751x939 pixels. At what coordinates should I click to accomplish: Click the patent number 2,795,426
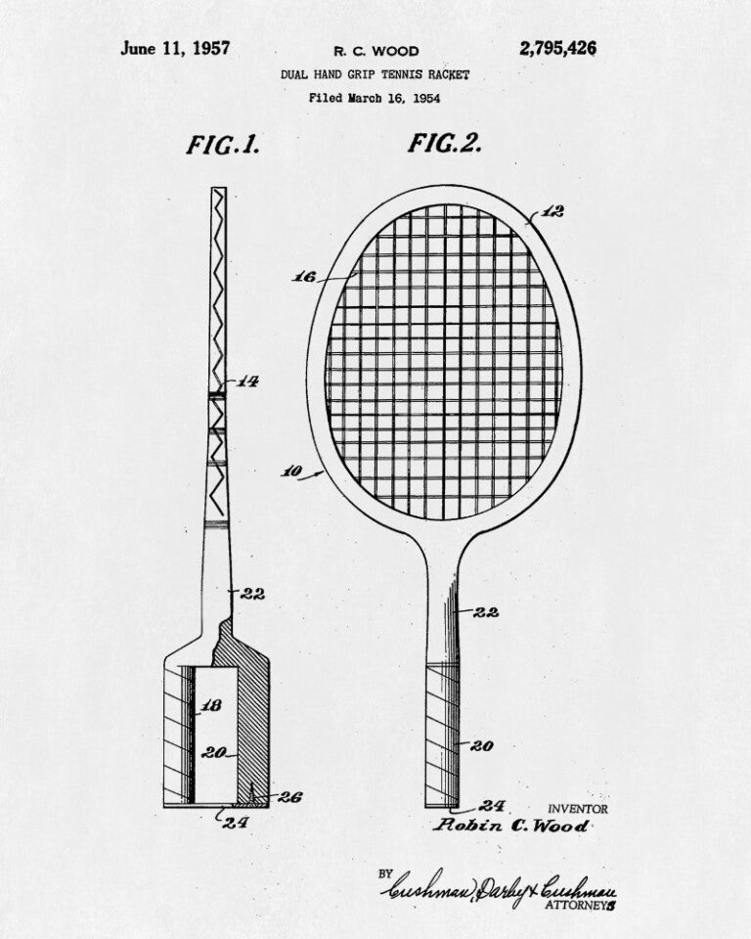557,49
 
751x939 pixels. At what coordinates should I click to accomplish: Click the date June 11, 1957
175,49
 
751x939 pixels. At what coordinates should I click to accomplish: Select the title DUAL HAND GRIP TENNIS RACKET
375,75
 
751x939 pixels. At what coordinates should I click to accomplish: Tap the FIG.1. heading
223,145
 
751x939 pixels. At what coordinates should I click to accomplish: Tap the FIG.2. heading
445,143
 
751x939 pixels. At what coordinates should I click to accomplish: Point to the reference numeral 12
552,211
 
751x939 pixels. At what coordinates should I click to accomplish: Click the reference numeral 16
304,277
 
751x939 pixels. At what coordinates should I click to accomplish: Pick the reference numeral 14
246,380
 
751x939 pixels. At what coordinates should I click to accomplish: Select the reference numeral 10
291,471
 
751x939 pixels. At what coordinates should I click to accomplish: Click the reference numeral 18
211,705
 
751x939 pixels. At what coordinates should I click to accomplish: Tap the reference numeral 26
289,797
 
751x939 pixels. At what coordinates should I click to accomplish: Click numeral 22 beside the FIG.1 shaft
252,594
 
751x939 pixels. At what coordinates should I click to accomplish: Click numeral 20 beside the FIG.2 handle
481,745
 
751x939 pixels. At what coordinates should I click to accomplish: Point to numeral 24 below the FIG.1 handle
236,823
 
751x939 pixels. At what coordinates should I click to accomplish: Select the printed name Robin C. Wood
510,826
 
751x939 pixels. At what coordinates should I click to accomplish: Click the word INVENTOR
577,810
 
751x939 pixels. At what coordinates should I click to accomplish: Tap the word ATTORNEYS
580,906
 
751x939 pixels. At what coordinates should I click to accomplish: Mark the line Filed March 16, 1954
375,98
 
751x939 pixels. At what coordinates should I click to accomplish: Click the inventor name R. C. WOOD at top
376,52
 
